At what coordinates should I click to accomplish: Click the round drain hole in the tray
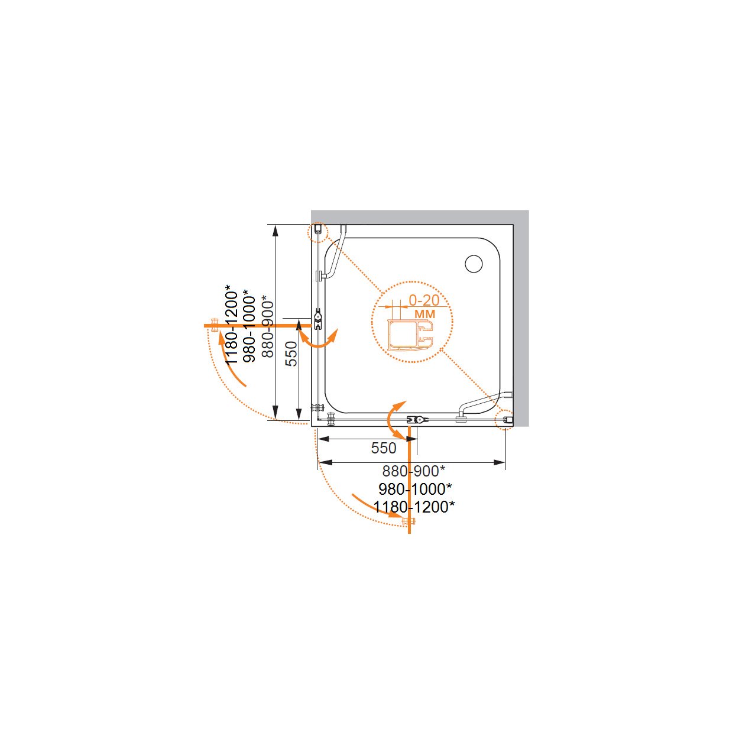pyautogui.click(x=474, y=264)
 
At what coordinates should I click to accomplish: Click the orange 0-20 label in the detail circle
pyautogui.click(x=424, y=300)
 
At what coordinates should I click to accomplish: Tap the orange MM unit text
pyautogui.click(x=425, y=314)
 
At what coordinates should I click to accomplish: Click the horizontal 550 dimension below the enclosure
pyautogui.click(x=384, y=448)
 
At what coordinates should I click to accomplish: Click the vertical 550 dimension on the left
pyautogui.click(x=292, y=354)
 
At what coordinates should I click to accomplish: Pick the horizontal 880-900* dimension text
pyautogui.click(x=414, y=471)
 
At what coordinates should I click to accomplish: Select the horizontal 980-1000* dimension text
pyautogui.click(x=414, y=489)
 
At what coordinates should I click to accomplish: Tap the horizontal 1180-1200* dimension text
pyautogui.click(x=414, y=507)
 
